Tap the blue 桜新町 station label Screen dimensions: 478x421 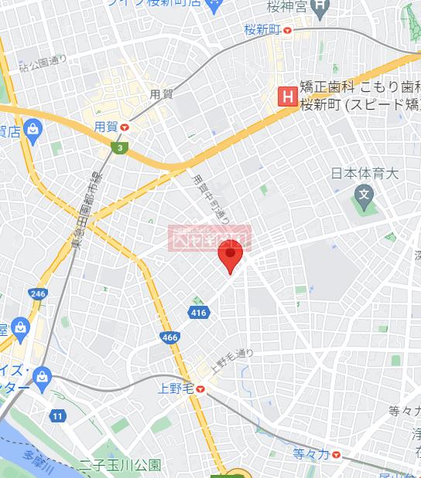tap(260, 31)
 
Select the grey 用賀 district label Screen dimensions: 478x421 tap(161, 94)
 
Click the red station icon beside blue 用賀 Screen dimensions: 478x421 tap(125, 127)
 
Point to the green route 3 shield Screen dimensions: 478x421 tap(120, 147)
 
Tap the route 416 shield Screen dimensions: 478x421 tap(197, 311)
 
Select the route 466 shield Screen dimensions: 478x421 tap(170, 337)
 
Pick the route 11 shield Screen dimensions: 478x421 tap(57, 416)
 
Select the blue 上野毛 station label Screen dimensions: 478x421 tap(176, 388)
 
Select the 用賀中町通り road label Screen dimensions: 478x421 tap(211, 199)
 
